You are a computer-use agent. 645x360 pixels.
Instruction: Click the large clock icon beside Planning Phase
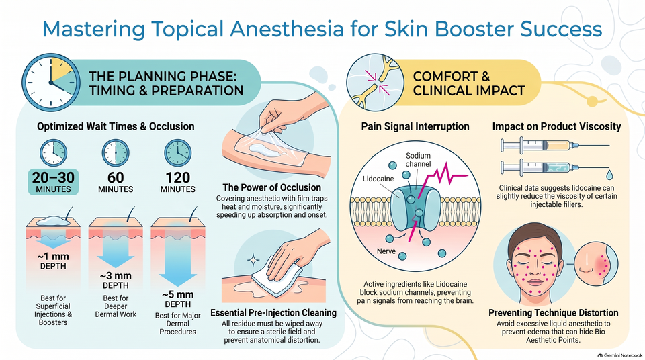click(50, 83)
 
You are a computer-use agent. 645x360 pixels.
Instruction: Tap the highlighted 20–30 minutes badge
click(53, 182)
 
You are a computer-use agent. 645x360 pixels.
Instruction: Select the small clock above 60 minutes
click(116, 153)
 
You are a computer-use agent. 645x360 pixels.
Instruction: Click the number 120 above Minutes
click(177, 178)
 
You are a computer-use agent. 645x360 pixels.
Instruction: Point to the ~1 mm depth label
click(53, 261)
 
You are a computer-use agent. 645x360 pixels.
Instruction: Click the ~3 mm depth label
click(116, 280)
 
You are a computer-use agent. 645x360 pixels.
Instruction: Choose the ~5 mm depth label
click(177, 299)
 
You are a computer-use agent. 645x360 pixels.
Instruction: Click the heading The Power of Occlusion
click(272, 187)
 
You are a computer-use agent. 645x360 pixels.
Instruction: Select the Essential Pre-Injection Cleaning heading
click(273, 313)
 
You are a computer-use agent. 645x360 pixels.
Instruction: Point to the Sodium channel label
click(418, 160)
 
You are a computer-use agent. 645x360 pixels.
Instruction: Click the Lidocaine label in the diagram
click(378, 179)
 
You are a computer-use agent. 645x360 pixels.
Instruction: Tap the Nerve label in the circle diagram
click(386, 251)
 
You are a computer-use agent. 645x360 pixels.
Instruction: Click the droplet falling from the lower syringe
click(609, 175)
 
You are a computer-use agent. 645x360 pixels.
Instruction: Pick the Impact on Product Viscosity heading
click(556, 126)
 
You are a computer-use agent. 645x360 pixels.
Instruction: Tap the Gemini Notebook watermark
click(620, 355)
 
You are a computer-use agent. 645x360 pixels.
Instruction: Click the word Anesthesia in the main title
click(287, 29)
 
